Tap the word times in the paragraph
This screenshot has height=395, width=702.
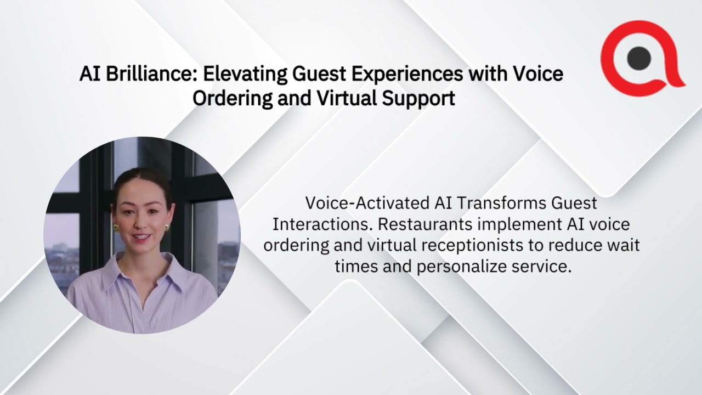click(x=354, y=266)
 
